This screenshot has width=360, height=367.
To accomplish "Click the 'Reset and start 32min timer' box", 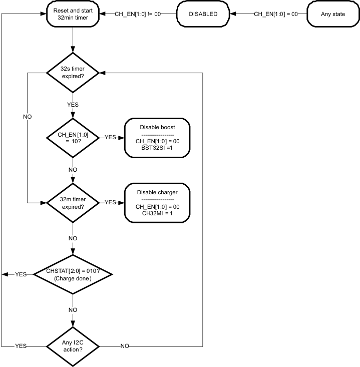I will (73, 14).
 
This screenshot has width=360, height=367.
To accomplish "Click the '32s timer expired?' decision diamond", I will (73, 74).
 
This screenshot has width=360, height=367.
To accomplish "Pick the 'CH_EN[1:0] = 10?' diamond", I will (73, 138).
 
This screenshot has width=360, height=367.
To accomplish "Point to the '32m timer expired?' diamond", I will (73, 202).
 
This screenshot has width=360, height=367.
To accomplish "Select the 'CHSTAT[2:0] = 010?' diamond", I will (73, 274).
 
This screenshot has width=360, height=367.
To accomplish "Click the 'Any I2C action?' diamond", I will (73, 345).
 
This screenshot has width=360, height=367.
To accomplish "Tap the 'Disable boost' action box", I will (157, 138).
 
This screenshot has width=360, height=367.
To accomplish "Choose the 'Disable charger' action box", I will (157, 202).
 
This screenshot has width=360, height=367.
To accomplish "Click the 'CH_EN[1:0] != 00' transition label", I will (138, 14).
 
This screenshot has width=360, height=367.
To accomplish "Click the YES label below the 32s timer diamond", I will (73, 104).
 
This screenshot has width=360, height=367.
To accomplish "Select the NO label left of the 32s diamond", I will (27, 117).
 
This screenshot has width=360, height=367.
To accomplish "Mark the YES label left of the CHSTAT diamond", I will (21, 274).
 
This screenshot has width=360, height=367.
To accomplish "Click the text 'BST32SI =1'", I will (157, 149).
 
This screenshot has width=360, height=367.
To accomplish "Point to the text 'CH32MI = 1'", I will (157, 213).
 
